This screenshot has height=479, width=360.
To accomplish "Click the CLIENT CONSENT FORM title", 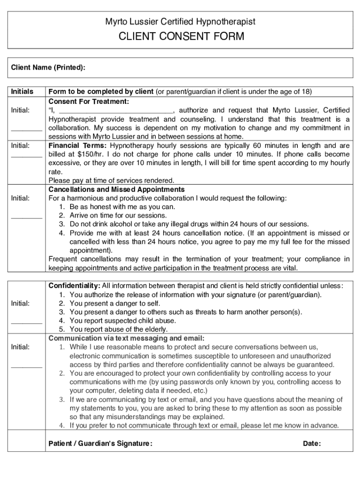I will coord(180,36).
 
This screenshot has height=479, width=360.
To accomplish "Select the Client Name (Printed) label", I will coord(48,67).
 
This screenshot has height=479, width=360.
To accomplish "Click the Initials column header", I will coord(22,91).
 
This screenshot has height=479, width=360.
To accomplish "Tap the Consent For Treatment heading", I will coord(89,101).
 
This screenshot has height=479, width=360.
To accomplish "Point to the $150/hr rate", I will coord(87,154).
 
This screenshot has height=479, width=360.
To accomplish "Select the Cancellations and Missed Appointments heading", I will coord(116,189).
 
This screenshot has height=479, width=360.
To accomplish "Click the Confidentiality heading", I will coord(74,285).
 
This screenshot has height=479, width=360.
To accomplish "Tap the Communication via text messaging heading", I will coord(126,338).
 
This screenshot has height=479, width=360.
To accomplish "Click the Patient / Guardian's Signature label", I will coord(100,443).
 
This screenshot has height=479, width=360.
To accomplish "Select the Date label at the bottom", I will coord(311,443).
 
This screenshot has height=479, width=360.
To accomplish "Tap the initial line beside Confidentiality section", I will coord(27,322).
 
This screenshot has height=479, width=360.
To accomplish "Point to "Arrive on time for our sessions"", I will coord(118,215).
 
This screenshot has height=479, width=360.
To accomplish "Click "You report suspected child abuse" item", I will coord(122,320).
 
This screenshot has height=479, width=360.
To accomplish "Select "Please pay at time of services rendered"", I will coord(111,181).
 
